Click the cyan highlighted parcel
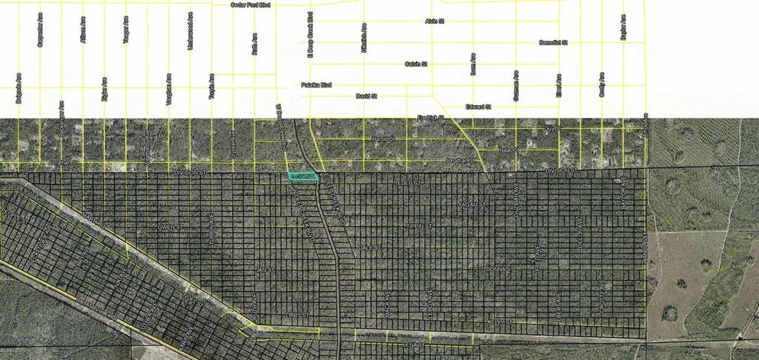(302, 176)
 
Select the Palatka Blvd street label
(316, 85)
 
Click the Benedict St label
(553, 43)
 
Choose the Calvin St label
(416, 64)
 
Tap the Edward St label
(479, 107)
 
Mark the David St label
(366, 96)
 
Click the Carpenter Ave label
(39, 30)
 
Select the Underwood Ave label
(191, 30)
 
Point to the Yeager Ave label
(126, 32)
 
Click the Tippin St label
(417, 225)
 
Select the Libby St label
(296, 316)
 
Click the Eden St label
(408, 181)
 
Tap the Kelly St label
(500, 321)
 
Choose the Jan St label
(259, 269)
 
